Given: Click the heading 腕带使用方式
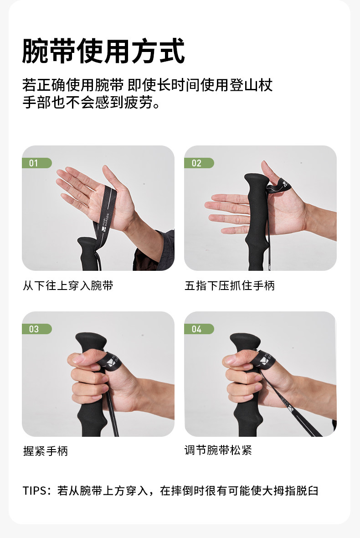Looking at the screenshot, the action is point(103,51).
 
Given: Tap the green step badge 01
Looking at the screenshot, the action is point(37,163).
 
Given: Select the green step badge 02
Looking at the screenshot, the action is point(199,163).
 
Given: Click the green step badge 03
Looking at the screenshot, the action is point(37,329).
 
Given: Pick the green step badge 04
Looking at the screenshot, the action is point(199,329).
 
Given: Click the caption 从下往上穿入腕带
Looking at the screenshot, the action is point(68,285).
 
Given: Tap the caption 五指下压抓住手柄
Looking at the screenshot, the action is point(230,285).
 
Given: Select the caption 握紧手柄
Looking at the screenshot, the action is point(46,451).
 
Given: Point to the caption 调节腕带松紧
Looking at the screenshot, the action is point(218,450).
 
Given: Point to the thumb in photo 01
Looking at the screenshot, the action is point(112,178).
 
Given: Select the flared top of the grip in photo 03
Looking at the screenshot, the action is point(91,341).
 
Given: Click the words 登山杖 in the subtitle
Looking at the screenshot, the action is point(251,85).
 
